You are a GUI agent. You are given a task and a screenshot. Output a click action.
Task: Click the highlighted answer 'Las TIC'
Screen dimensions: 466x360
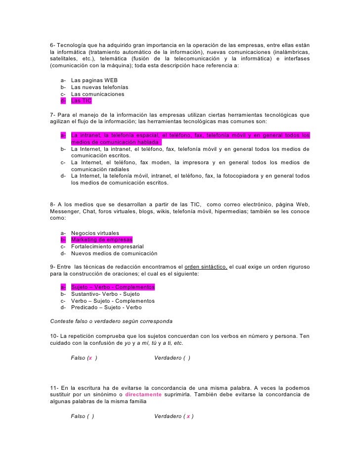[81, 101]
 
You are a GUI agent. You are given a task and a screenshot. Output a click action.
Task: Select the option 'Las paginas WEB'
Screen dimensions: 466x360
[94, 80]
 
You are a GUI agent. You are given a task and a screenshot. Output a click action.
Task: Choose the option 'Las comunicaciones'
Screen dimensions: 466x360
[97, 94]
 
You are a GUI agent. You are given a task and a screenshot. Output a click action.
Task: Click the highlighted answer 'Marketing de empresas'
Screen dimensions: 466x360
[102, 240]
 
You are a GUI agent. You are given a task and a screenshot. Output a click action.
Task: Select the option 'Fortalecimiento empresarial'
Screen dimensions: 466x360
[107, 247]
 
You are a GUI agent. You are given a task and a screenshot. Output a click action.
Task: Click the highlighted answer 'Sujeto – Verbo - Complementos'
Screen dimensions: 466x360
[113, 287]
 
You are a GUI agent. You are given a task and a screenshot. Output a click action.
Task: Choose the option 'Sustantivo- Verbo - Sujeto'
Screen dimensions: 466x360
[106, 294]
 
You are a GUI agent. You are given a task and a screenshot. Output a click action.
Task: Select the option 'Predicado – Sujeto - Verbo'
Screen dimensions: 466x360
[106, 307]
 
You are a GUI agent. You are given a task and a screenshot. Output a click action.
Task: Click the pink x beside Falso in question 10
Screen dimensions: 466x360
[90, 358]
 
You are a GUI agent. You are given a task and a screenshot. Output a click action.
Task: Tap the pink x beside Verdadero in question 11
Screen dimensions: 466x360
[188, 417]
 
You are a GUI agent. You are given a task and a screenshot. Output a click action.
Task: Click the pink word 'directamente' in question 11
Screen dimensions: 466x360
[143, 395]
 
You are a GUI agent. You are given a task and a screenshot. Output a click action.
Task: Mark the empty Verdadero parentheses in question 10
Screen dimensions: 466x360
[186, 358]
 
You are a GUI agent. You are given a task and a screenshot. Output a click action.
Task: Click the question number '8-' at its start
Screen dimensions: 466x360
[54, 205]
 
